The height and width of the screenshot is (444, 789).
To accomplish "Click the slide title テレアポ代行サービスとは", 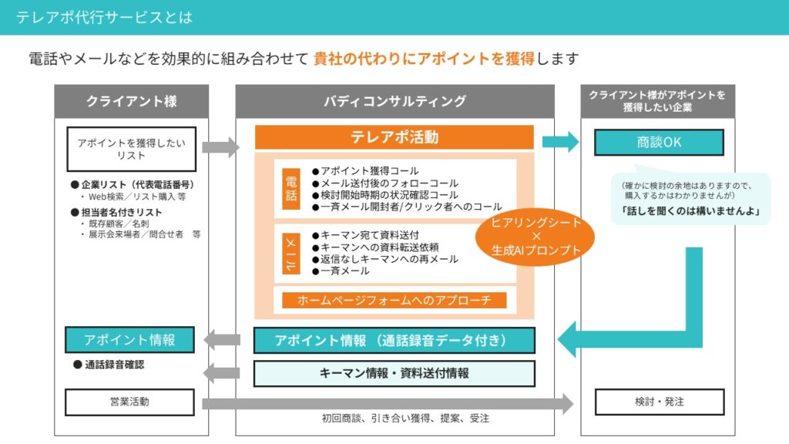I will point(104,17).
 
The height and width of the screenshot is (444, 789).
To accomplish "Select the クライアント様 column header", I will point(132,101).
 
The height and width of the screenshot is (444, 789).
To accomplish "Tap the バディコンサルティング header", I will point(394,101).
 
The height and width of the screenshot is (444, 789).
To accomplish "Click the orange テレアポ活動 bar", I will point(394,137).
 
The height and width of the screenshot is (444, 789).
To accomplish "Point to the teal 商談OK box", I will point(659,143).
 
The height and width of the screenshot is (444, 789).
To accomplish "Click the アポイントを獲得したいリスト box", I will point(132,149).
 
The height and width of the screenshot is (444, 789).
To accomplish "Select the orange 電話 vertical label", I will point(291,188).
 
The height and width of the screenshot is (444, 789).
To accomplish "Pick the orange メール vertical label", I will point(291,253).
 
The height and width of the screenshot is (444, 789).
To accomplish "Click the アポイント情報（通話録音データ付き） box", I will point(394,340).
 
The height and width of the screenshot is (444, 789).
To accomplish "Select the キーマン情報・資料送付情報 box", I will point(394,374).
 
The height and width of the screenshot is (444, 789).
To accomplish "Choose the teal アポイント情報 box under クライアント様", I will point(129,340).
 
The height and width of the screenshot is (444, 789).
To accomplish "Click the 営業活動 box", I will point(129,402).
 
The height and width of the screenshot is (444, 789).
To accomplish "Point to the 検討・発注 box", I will point(659,402).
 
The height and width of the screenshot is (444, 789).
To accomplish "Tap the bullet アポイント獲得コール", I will point(365,170).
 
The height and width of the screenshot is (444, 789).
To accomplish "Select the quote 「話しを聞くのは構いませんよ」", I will point(690,210).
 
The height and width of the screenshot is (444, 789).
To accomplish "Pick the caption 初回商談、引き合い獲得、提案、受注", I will point(405,419).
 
